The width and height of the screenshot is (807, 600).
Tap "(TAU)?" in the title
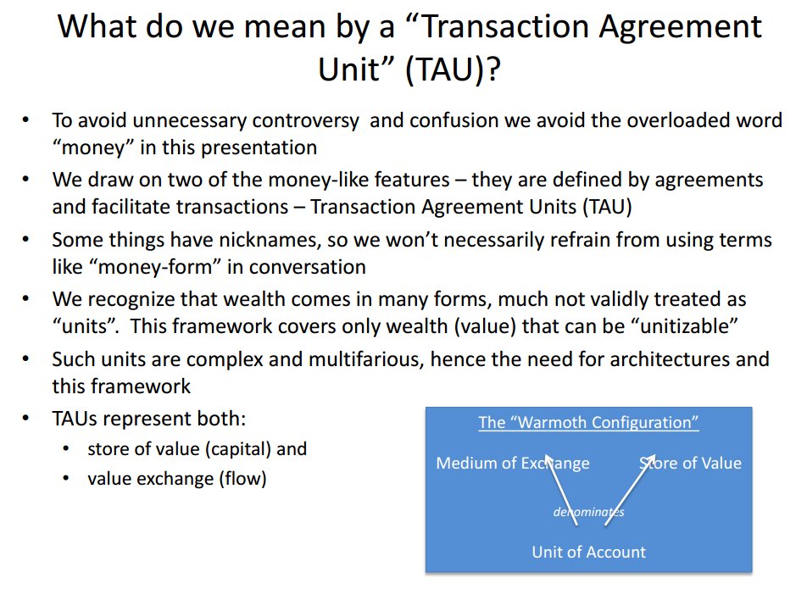[453, 69]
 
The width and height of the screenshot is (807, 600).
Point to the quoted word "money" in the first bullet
[93, 147]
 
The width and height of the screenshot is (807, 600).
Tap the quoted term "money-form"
[155, 268]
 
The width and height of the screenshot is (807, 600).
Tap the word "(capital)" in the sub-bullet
[237, 449]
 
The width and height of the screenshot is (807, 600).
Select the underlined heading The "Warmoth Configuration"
[588, 423]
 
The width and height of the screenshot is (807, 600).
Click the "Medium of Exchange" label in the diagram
[513, 463]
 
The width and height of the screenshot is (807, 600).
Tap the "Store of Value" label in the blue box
[690, 463]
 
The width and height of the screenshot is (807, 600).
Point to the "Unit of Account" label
[589, 553]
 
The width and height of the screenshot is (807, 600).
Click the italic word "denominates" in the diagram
[589, 512]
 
